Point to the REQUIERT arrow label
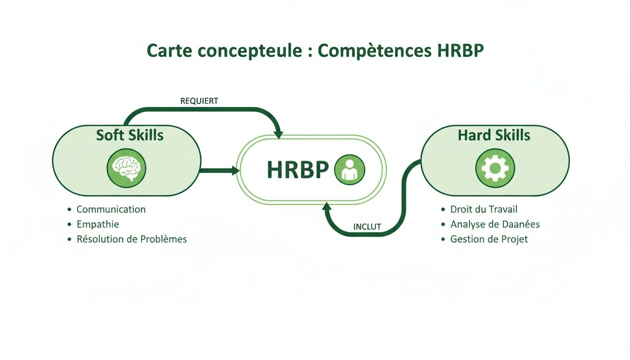point(199,101)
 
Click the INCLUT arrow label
point(367,227)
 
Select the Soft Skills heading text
point(130,135)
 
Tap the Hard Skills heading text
point(494,135)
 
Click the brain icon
point(127,168)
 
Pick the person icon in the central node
point(349,169)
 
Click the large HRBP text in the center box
point(298,170)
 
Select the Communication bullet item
point(111,210)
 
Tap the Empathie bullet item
point(97,225)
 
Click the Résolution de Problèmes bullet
point(131,240)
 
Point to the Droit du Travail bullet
point(484,210)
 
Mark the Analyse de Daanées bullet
point(495,225)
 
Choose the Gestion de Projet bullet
point(489,240)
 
